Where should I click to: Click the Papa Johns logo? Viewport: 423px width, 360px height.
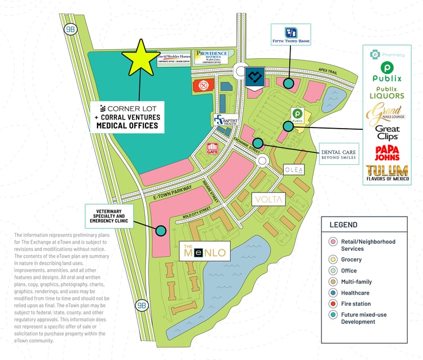click(387, 153)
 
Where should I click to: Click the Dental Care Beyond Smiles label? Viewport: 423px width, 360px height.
click(339, 154)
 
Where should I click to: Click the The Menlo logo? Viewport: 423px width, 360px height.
click(205, 252)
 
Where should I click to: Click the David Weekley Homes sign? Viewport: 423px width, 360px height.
click(174, 59)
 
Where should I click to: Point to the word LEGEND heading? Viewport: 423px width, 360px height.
click(343, 225)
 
